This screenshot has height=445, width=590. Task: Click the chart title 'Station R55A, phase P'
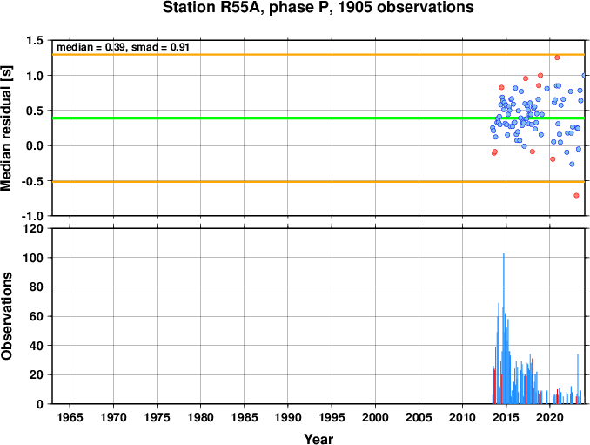click(248, 8)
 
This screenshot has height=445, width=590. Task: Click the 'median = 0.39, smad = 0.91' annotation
click(123, 47)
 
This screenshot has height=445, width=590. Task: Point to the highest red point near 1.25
click(557, 57)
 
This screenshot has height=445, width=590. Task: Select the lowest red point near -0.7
click(576, 195)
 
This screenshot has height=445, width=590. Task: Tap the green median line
click(318, 118)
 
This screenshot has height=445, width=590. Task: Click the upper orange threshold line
click(318, 55)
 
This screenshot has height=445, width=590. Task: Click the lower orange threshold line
click(318, 182)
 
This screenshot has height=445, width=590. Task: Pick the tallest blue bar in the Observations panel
click(504, 328)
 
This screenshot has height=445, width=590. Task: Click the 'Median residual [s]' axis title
click(6, 128)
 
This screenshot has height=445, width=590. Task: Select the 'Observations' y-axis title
click(6, 316)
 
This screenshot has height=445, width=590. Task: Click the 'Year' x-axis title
click(318, 439)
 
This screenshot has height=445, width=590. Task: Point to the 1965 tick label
click(70, 417)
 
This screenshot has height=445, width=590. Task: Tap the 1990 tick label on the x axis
click(288, 417)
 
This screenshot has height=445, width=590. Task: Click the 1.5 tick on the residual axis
click(35, 40)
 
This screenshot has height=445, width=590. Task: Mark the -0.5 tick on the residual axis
click(33, 181)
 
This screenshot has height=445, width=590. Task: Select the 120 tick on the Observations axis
click(34, 228)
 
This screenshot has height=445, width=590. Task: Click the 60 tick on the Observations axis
click(37, 316)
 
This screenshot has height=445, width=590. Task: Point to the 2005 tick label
click(419, 417)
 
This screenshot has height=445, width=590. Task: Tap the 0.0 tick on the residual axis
click(35, 145)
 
